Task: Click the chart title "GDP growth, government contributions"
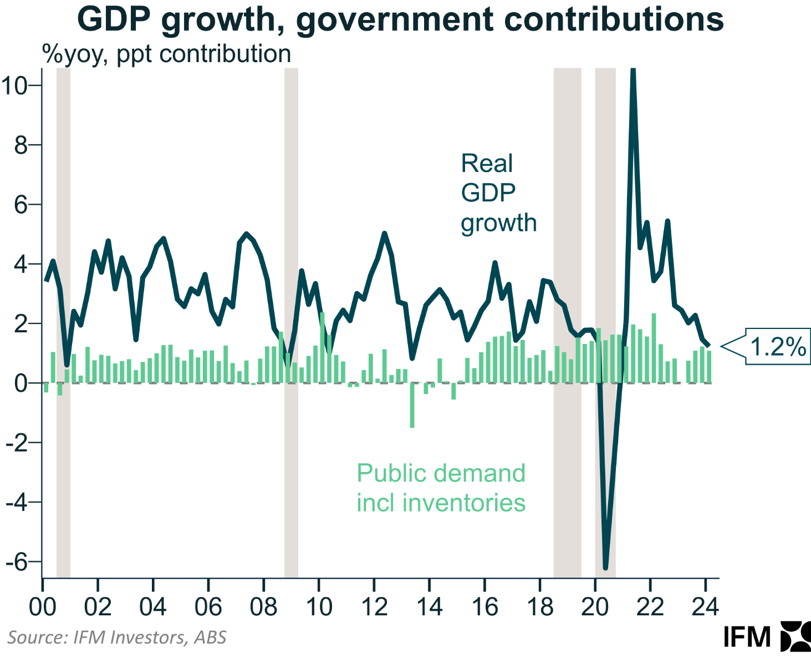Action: coord(400,20)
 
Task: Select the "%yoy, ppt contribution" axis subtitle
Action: coord(166,54)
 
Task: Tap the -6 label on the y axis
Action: coord(16,561)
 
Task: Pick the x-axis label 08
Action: coord(263,607)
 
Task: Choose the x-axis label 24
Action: coord(705,607)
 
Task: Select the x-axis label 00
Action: coord(42,607)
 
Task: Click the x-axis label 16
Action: coord(484,607)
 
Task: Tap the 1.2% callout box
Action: coord(777,347)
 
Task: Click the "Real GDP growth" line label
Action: coord(498,193)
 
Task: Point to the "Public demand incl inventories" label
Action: coord(441,488)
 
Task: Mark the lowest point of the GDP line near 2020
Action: coord(605,567)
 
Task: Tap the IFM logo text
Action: coord(747,637)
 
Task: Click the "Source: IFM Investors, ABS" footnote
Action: coord(117,637)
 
